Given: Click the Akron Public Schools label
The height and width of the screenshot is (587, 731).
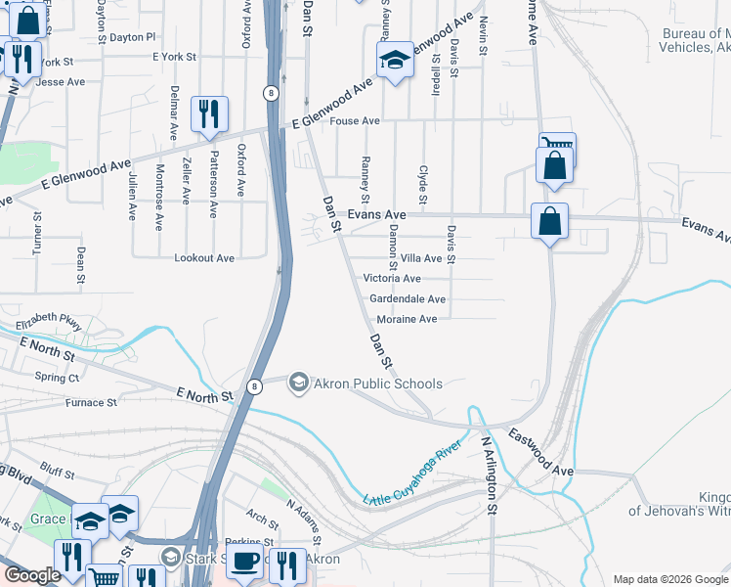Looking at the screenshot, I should point(377,384).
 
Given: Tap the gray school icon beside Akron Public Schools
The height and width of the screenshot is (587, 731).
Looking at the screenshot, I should point(299,383).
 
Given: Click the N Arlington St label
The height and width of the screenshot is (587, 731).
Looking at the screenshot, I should point(490,475).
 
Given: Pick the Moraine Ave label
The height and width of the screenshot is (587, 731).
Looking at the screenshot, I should point(408,319).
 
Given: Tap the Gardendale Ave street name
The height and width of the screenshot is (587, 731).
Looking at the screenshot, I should point(408,299).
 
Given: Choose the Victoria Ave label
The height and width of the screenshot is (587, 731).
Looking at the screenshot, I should point(392,279).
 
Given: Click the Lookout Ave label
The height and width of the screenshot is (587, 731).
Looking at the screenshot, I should point(204,258).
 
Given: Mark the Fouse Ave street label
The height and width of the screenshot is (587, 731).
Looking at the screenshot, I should point(355,121).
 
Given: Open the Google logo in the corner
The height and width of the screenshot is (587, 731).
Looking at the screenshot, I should point(31,574).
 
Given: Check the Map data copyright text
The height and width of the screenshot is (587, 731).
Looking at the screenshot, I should point(669,578).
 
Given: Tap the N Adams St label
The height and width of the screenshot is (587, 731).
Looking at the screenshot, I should point(305,521).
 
